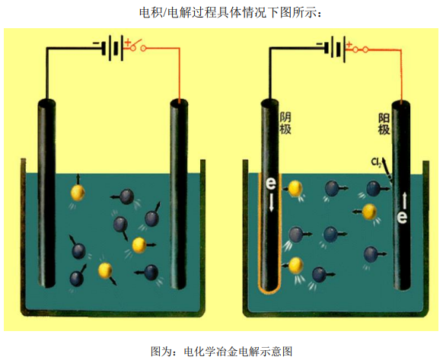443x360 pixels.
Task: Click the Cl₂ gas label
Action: point(377,162)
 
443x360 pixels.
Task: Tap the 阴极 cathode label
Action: point(285,123)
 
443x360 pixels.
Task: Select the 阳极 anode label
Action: point(384,124)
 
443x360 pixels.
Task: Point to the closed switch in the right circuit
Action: point(360,50)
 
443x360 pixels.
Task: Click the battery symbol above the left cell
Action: point(113,48)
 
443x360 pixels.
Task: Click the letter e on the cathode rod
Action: point(271,183)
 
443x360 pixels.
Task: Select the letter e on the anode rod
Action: point(402,217)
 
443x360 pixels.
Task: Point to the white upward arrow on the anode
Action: point(405,201)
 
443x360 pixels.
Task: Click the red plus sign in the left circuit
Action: point(128,43)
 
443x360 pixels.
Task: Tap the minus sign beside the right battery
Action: point(319,44)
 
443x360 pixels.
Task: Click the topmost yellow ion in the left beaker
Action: point(78,192)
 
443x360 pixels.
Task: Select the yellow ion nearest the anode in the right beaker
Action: point(369,212)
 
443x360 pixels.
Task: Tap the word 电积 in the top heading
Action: point(150,12)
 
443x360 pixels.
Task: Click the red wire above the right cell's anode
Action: point(401,75)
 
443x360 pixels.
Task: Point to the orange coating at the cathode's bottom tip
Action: point(269,291)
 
